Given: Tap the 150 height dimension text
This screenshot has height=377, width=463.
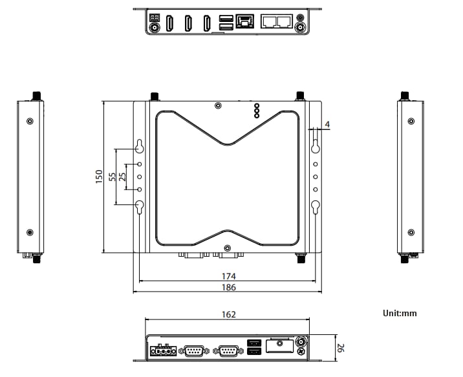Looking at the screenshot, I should click(99, 177).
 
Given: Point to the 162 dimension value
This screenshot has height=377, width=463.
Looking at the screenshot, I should click(228, 315).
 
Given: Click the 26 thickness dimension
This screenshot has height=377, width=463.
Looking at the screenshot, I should click(341, 350).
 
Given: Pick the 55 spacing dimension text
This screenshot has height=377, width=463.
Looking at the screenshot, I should click(113, 177).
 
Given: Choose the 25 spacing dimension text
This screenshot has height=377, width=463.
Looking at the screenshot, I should click(122, 177).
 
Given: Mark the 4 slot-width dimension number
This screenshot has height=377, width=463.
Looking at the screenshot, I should click(328, 124).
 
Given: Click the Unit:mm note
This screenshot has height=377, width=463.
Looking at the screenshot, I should click(400, 314).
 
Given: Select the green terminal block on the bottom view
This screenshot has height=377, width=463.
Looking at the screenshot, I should click(163, 350).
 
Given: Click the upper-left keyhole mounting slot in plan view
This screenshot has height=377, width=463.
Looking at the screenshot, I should click(140, 145).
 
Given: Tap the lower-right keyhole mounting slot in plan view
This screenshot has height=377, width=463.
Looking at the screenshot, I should click(316, 207).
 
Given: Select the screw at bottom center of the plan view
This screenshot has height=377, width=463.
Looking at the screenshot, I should click(227, 248).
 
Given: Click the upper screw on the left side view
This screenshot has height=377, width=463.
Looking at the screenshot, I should click(30, 121).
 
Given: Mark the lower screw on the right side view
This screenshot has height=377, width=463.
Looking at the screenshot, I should click(411, 232).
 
